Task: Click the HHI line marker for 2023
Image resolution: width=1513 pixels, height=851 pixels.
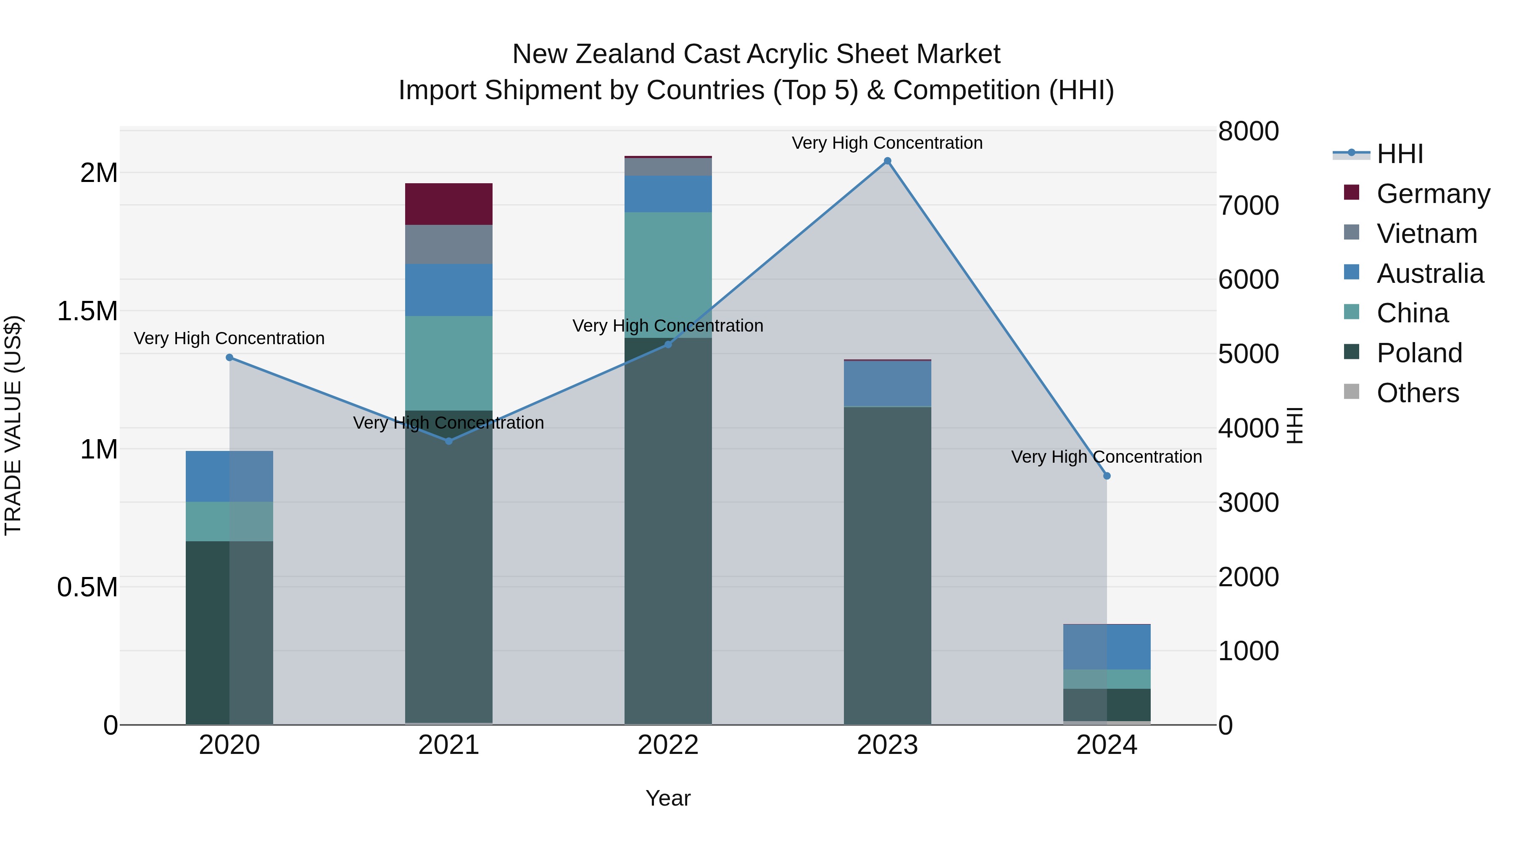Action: tap(888, 161)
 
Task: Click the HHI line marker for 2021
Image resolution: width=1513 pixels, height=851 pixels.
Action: tap(449, 441)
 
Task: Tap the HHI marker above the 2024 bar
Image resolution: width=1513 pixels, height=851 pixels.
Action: tap(1107, 476)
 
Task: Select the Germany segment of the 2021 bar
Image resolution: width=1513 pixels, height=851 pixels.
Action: tap(449, 204)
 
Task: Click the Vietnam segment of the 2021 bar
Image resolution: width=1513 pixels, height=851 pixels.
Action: tap(449, 244)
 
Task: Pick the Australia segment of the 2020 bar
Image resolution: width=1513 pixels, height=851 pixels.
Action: tap(229, 476)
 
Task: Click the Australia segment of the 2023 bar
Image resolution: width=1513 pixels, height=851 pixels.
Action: tap(888, 384)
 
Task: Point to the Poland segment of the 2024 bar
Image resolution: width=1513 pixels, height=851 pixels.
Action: tap(1107, 704)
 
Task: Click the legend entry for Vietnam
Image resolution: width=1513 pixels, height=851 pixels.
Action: tap(1427, 234)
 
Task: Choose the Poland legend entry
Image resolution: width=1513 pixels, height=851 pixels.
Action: tap(1419, 353)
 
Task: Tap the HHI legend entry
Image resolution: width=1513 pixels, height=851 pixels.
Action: tap(1399, 154)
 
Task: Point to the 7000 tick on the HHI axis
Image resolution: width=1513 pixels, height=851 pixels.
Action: tap(1248, 206)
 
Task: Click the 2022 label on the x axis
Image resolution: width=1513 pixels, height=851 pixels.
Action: tap(668, 745)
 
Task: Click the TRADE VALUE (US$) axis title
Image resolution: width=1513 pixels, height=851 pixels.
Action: tap(13, 425)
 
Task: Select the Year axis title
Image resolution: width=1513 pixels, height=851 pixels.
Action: tap(668, 798)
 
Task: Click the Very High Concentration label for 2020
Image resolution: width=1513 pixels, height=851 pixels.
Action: tap(229, 338)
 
